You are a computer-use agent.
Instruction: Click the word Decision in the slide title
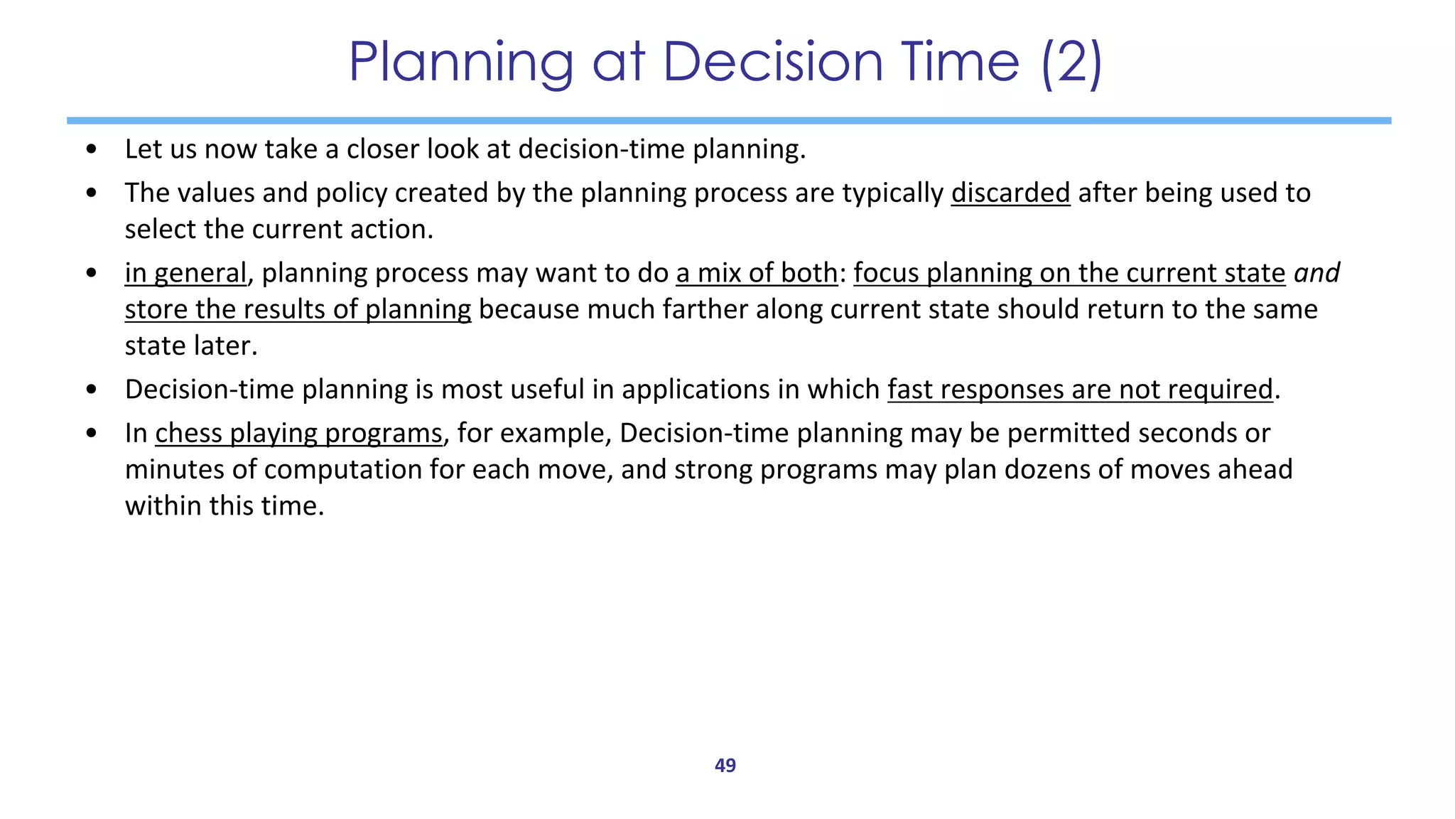[x=774, y=62]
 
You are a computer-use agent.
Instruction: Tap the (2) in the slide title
[x=1072, y=62]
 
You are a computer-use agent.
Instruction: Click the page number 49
[x=725, y=766]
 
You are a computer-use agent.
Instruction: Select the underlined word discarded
[x=1010, y=193]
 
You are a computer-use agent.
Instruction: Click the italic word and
[x=1316, y=273]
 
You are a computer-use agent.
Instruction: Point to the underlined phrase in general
[x=185, y=274]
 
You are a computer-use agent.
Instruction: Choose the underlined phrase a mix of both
[x=757, y=273]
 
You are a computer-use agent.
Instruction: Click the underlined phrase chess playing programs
[x=298, y=433]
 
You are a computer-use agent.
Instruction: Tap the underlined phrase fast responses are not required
[x=1080, y=390]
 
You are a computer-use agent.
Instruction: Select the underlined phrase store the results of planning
[x=298, y=310]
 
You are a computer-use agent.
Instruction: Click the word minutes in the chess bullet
[x=173, y=470]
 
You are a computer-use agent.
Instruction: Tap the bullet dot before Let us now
[x=91, y=149]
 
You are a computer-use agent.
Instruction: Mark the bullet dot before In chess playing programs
[x=91, y=433]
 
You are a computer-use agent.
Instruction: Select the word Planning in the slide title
[x=461, y=62]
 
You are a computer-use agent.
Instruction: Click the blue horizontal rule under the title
[x=728, y=121]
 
